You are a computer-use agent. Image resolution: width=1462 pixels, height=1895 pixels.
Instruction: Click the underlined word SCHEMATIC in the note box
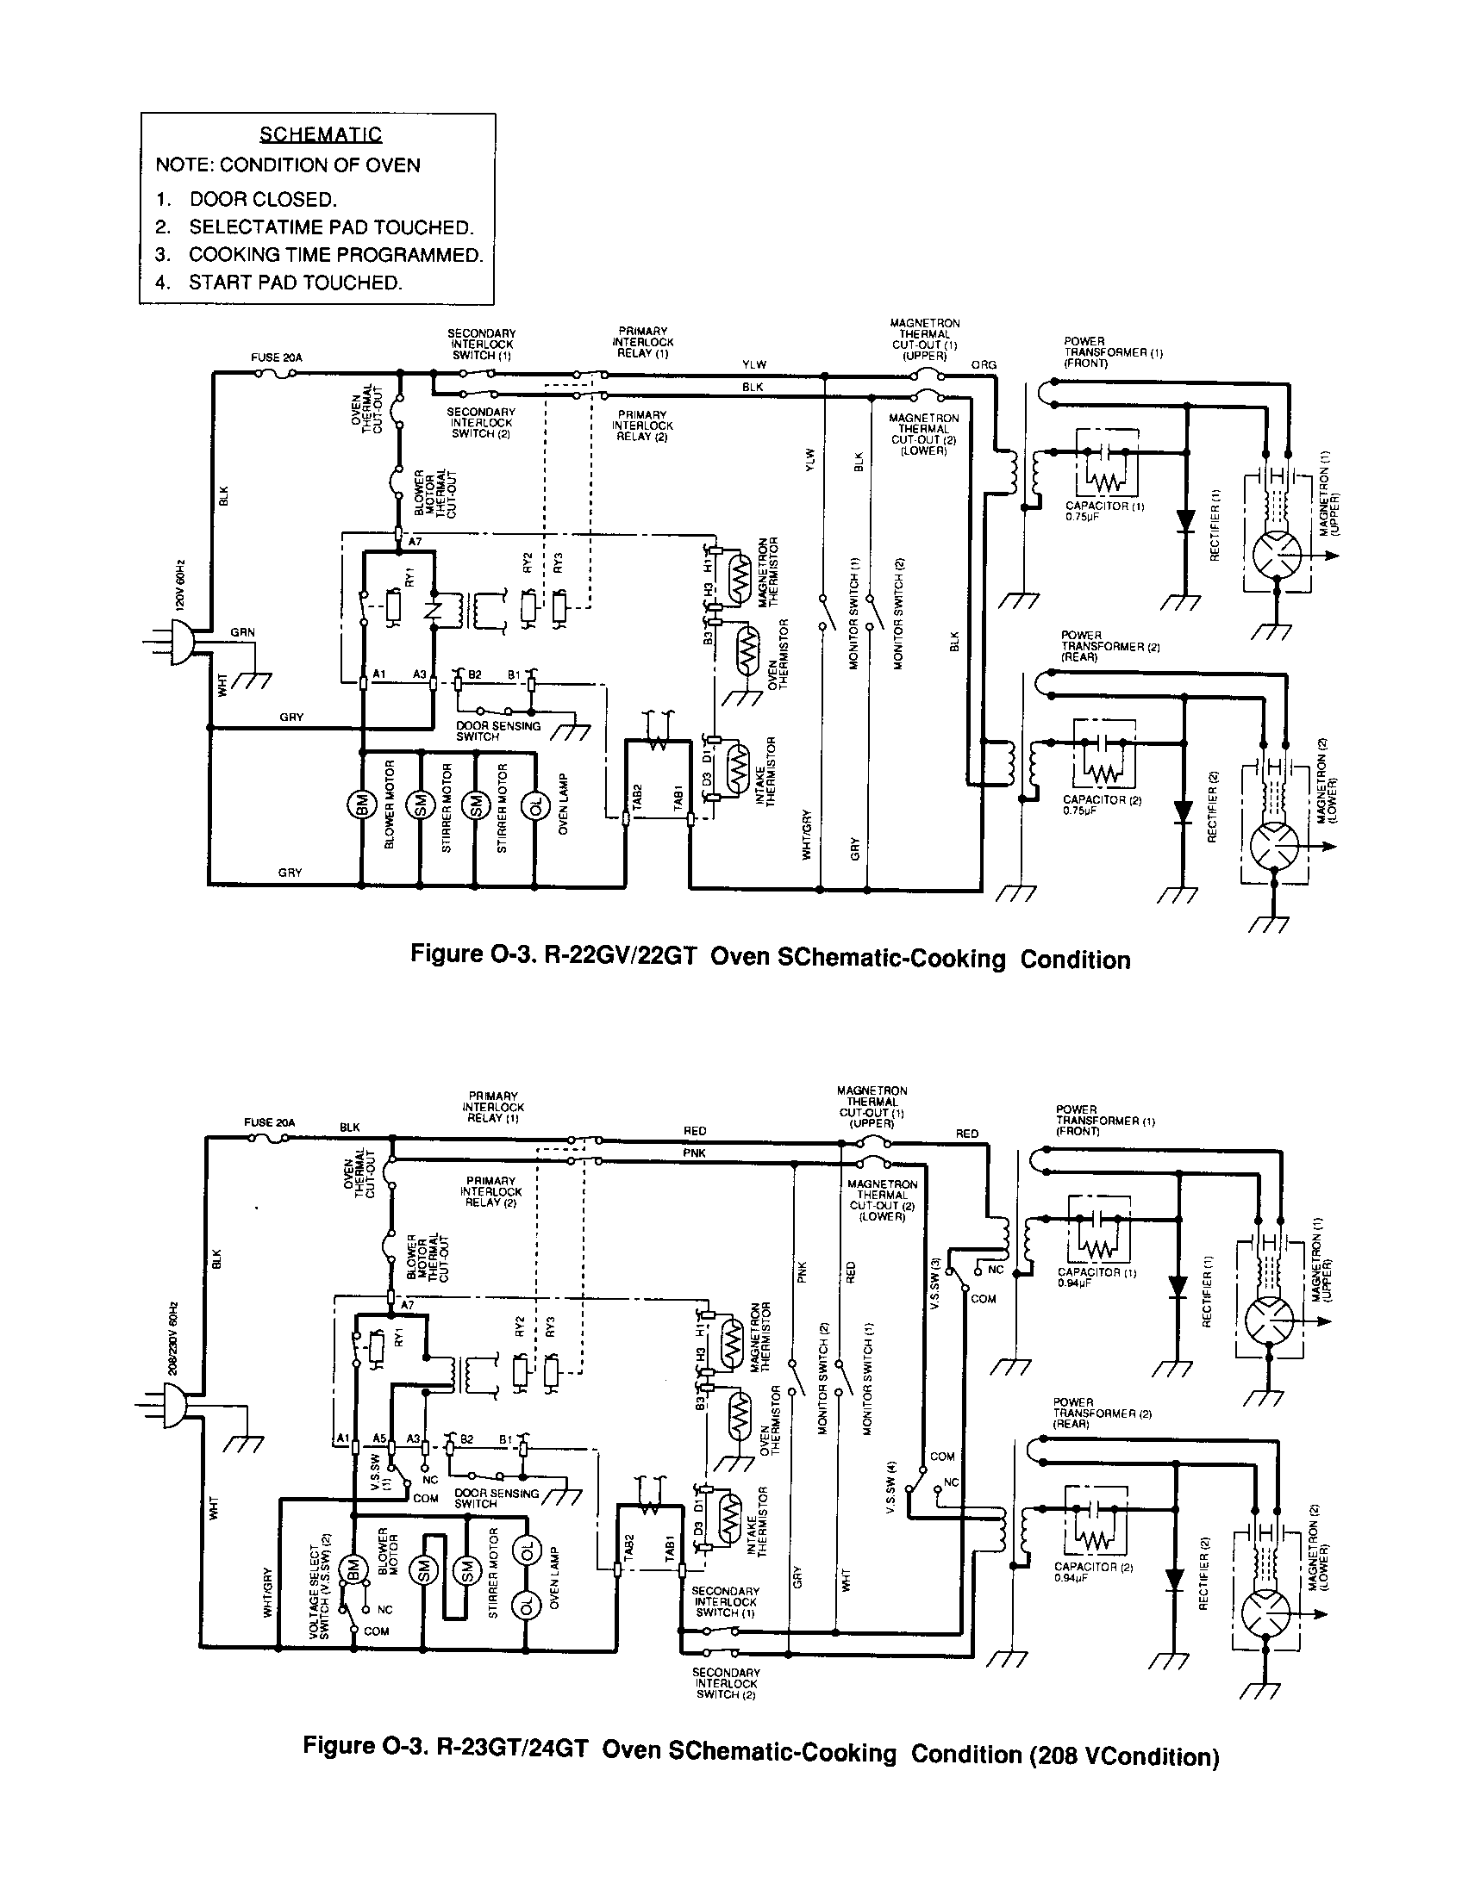coord(321,134)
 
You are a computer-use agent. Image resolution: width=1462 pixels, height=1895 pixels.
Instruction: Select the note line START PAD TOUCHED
coord(295,283)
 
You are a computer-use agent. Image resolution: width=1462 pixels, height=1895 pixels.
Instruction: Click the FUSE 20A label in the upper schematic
coord(277,357)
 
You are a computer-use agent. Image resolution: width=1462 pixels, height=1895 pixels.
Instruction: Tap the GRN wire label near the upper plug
coord(242,632)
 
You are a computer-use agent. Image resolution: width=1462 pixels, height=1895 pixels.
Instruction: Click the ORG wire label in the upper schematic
coord(984,365)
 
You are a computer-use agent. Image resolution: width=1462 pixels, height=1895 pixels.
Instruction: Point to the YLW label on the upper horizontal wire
coord(753,364)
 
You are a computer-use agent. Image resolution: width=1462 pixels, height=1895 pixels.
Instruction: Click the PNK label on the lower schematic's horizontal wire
coord(694,1153)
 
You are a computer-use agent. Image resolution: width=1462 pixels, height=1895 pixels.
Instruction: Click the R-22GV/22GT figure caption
coord(769,958)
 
